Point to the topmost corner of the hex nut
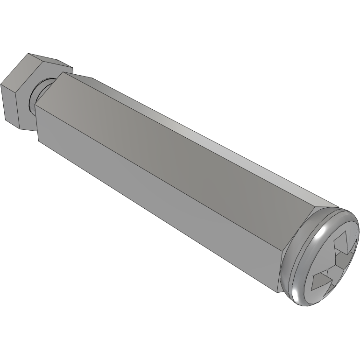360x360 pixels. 29,53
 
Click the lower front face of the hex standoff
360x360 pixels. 154,196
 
